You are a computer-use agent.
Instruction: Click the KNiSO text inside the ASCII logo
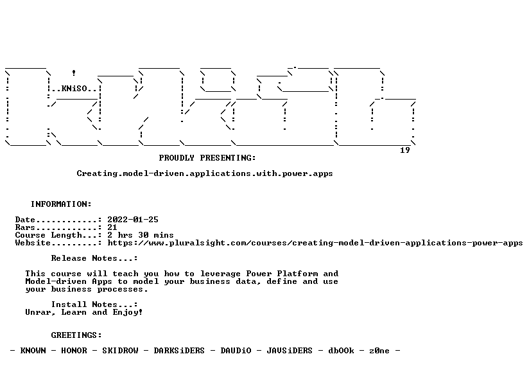click(x=74, y=89)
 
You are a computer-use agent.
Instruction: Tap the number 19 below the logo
click(x=405, y=150)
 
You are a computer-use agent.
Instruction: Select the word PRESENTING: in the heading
click(x=228, y=158)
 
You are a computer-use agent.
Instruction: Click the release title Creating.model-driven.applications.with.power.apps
click(x=205, y=173)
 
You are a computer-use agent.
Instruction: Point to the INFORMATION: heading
click(x=61, y=204)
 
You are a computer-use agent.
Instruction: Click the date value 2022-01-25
click(x=133, y=220)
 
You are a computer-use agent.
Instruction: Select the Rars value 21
click(x=112, y=227)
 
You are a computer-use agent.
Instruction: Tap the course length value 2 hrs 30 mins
click(x=141, y=235)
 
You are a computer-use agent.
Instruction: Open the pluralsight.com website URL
click(x=315, y=243)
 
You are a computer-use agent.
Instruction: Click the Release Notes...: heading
click(x=94, y=258)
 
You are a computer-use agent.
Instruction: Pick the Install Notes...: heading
click(x=94, y=304)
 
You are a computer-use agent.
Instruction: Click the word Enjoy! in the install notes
click(x=128, y=312)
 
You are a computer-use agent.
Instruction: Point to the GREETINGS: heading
click(x=76, y=335)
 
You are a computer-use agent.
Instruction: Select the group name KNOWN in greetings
click(x=33, y=351)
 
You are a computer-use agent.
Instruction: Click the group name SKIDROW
click(x=121, y=351)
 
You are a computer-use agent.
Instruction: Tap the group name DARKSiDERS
click(x=179, y=351)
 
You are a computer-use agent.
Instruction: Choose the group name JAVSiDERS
click(x=290, y=351)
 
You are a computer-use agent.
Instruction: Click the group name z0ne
click(x=379, y=351)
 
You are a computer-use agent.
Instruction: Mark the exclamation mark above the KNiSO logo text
click(x=74, y=73)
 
